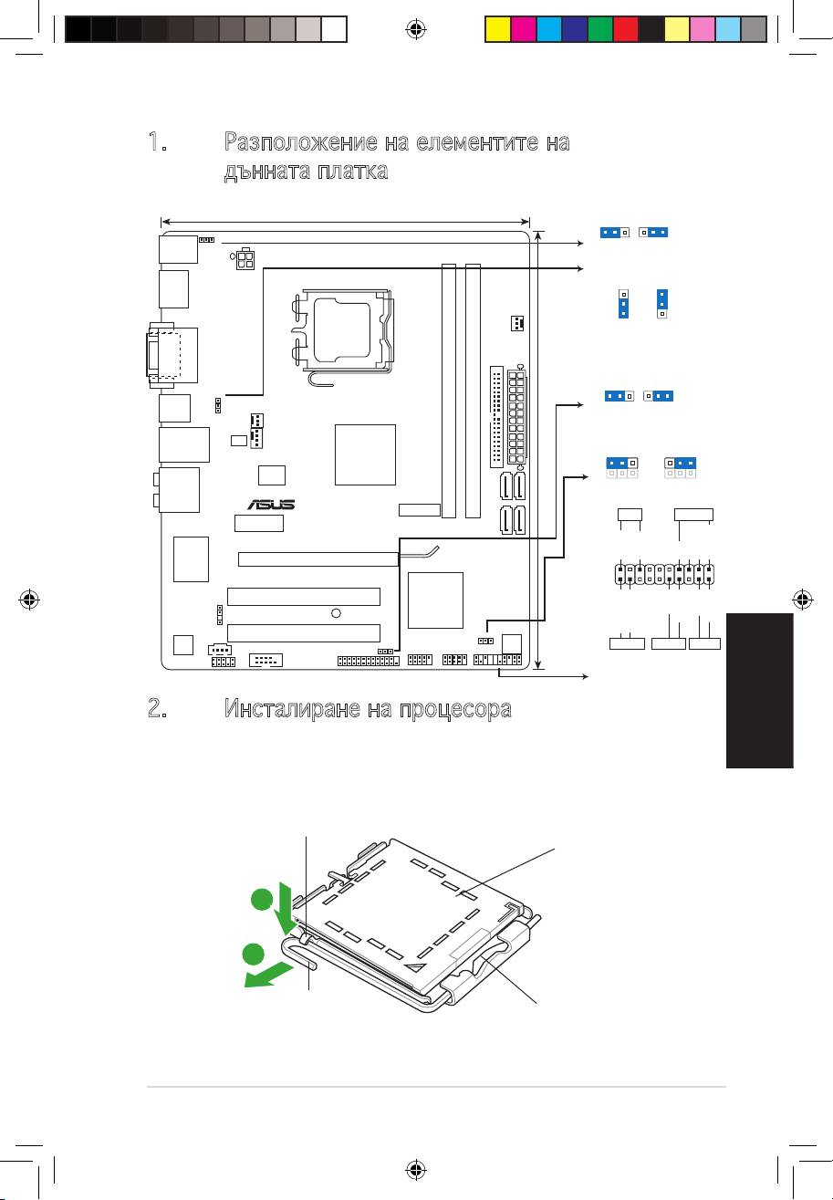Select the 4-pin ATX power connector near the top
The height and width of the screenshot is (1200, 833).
(x=245, y=261)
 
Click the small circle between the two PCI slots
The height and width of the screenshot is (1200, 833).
(x=336, y=613)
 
